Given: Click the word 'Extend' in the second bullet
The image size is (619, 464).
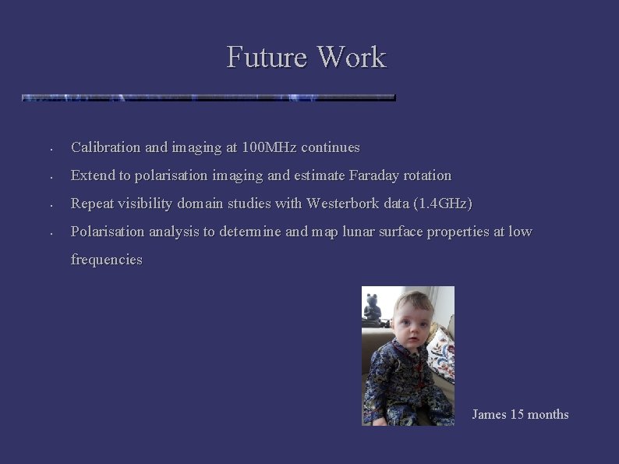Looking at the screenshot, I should [93, 175].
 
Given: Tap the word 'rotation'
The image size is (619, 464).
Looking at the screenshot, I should [426, 175].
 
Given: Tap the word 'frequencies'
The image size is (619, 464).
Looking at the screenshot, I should [107, 260].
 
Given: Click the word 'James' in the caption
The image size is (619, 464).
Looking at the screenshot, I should [489, 414].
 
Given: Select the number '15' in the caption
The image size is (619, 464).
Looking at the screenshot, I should [517, 414].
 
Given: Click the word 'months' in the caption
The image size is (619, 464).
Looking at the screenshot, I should [549, 414].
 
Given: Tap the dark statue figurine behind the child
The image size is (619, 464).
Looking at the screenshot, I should [373, 310].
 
